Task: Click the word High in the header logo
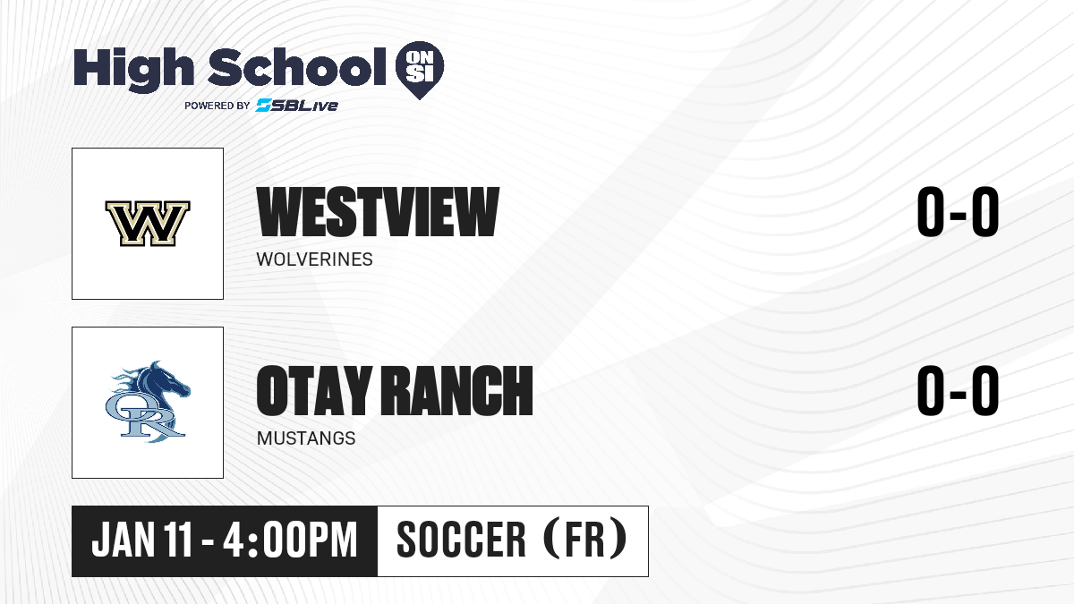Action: pyautogui.click(x=134, y=69)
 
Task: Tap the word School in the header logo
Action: pyautogui.click(x=297, y=66)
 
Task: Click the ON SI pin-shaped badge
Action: pyautogui.click(x=420, y=70)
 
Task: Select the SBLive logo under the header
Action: pyautogui.click(x=297, y=105)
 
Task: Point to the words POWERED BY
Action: pyautogui.click(x=217, y=106)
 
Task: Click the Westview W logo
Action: pyautogui.click(x=148, y=224)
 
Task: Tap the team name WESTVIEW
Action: pyautogui.click(x=378, y=211)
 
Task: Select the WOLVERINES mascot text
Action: pyautogui.click(x=314, y=259)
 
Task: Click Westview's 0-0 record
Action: pyautogui.click(x=958, y=211)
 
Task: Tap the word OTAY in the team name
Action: pyautogui.click(x=314, y=390)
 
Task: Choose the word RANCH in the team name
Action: pyautogui.click(x=457, y=390)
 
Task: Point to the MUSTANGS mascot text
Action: pyautogui.click(x=306, y=438)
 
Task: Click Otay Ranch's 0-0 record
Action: pyautogui.click(x=958, y=390)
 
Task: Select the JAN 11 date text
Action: pyautogui.click(x=142, y=540)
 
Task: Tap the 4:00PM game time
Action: pyautogui.click(x=291, y=540)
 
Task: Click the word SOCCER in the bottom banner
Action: pyautogui.click(x=461, y=540)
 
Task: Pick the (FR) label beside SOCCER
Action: pyautogui.click(x=585, y=539)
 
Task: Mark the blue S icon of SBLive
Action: pyautogui.click(x=264, y=105)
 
